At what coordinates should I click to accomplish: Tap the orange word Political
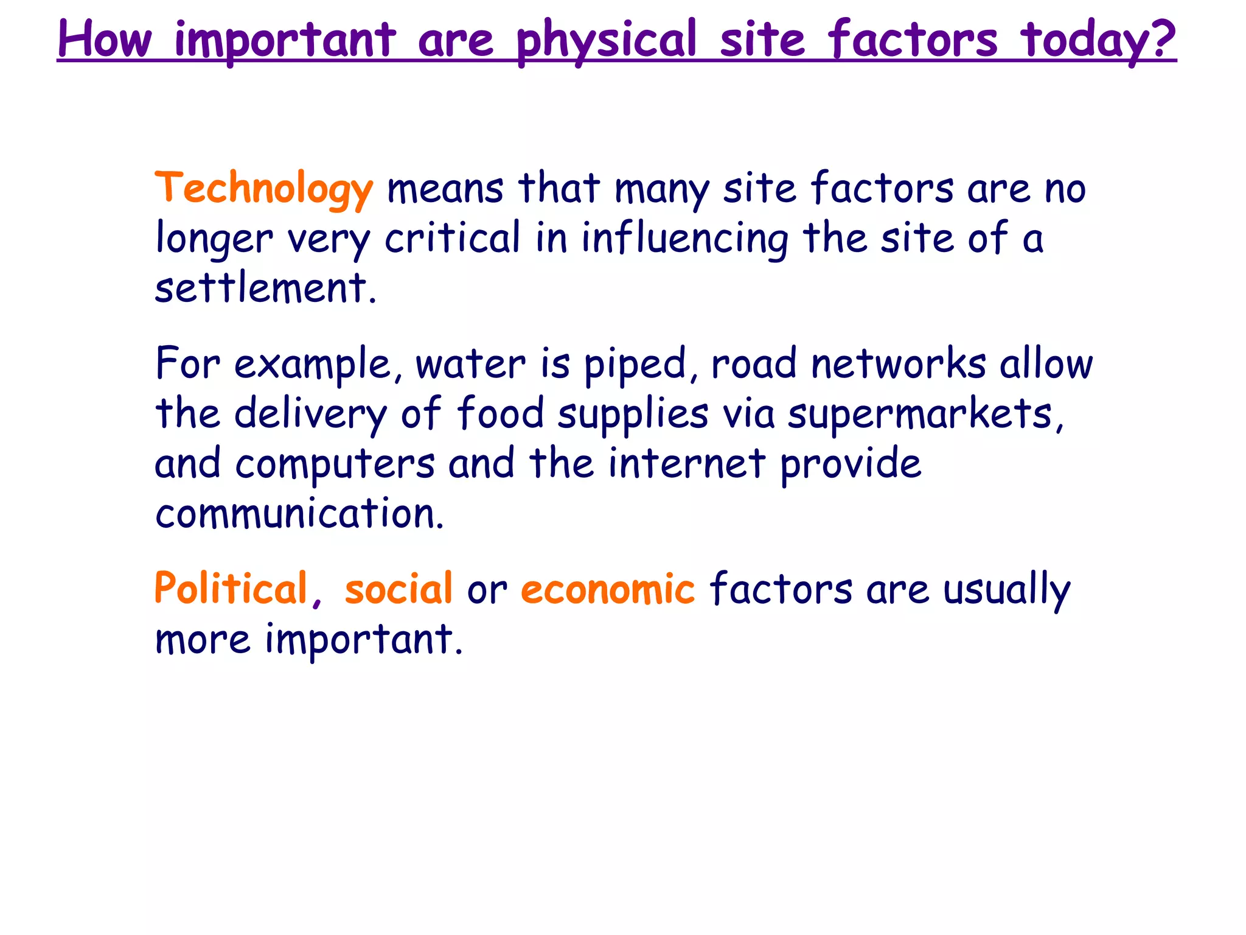coord(231,589)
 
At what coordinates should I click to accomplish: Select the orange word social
coord(399,589)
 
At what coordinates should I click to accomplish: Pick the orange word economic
coord(607,589)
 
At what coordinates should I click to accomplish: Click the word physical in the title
coord(606,40)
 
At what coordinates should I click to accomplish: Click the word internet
coord(687,464)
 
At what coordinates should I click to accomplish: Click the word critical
coord(453,238)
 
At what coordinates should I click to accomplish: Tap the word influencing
coord(685,239)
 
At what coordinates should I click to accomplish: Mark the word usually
coord(1006,590)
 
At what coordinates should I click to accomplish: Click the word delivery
coord(310,415)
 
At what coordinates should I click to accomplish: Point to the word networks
coord(899,364)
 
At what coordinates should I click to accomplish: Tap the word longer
coord(214,239)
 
